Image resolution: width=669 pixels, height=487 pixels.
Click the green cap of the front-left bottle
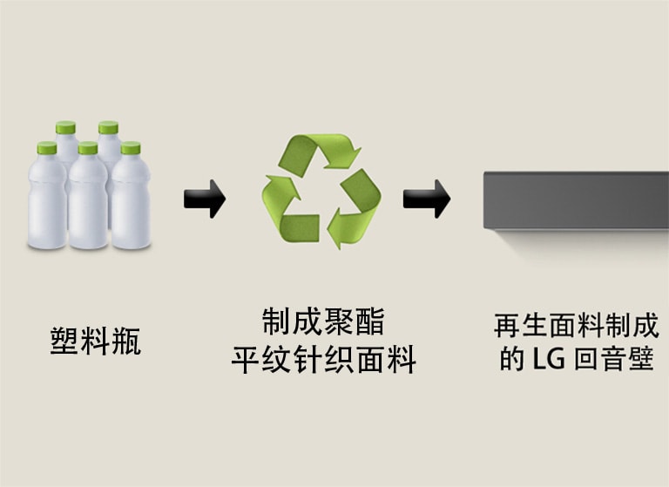tap(45, 148)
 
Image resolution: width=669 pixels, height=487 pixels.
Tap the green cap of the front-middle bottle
tap(88, 148)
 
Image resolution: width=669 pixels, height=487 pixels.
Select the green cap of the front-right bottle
tap(131, 148)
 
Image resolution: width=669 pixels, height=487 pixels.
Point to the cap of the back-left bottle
tap(66, 128)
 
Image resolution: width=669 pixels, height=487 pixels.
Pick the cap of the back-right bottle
tap(108, 128)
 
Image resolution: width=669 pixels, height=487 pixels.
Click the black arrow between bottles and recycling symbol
tap(205, 200)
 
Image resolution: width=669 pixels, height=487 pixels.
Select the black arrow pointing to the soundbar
tap(426, 200)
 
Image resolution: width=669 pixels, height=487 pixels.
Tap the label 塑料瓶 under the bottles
tap(95, 339)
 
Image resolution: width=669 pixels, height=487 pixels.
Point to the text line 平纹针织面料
tap(322, 359)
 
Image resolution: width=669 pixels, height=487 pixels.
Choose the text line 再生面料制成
tap(576, 327)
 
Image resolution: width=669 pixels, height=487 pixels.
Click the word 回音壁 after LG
tap(613, 359)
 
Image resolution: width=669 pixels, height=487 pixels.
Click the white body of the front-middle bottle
tap(88, 205)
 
